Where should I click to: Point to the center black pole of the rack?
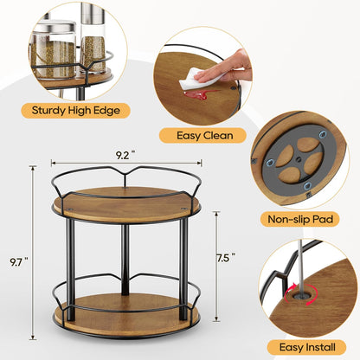tap(125, 260)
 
